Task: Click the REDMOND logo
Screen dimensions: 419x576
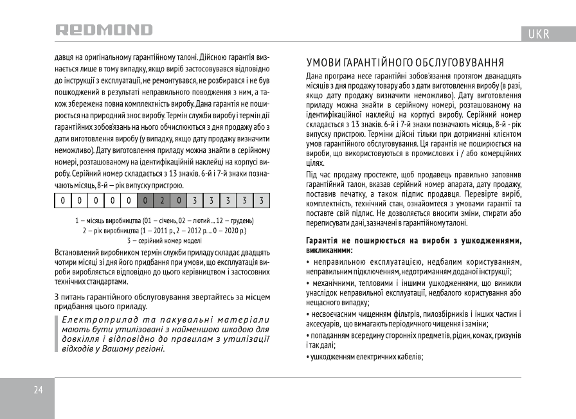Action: pos(104,30)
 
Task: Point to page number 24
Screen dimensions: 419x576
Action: pos(38,390)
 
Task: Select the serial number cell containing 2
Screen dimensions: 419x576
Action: pos(162,201)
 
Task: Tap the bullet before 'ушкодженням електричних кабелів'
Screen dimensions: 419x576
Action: pos(308,357)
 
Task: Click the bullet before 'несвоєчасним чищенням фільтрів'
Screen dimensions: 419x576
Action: pos(308,314)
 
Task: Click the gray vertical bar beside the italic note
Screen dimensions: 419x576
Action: pos(56,334)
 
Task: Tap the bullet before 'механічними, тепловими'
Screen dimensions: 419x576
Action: pos(308,283)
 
